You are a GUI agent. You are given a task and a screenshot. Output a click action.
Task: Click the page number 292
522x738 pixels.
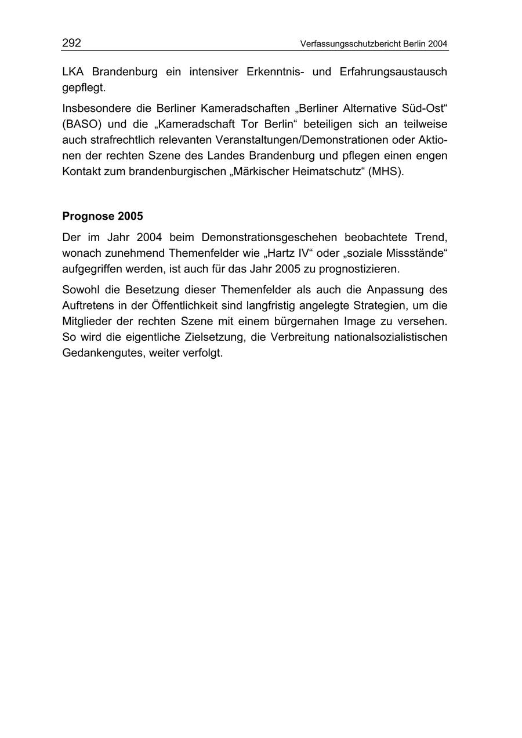tap(71, 43)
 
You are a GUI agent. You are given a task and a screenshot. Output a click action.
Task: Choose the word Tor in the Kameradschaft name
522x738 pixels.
tap(240, 124)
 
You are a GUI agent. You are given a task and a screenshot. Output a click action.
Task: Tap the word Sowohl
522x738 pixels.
tap(80, 289)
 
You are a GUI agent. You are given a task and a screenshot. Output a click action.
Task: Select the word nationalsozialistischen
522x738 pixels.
tap(390, 337)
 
